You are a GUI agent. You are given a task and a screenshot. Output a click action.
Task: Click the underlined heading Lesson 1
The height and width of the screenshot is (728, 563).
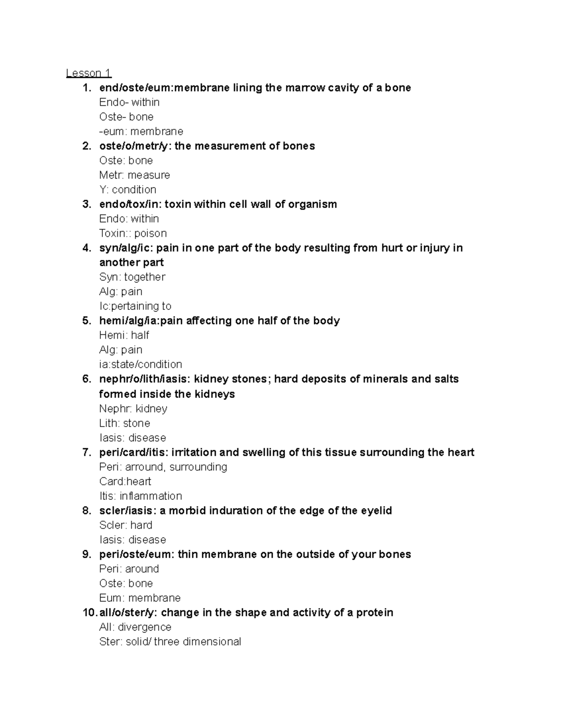tap(89, 73)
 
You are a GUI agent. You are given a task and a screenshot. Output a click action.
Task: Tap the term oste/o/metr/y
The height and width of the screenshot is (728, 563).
tap(133, 146)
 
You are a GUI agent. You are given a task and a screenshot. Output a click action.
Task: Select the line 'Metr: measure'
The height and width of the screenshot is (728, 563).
tap(135, 175)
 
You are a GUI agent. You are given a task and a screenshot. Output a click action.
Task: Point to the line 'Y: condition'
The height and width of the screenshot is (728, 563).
tap(128, 189)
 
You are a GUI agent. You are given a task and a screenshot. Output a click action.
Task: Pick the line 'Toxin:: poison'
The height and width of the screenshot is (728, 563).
tap(133, 233)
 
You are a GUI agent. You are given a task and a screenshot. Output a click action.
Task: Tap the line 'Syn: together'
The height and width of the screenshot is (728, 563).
tap(132, 277)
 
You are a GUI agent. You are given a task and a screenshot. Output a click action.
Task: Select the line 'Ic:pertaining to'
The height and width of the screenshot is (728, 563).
tap(135, 306)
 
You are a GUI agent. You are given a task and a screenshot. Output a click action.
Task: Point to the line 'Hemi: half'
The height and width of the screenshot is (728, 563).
tap(124, 335)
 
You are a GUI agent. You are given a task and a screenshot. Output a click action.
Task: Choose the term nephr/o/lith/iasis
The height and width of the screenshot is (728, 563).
tap(143, 379)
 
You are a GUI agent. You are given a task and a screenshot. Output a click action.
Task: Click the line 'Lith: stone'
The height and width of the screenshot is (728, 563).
tap(124, 423)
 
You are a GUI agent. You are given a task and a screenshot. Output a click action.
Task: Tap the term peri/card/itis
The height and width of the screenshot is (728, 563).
tap(132, 452)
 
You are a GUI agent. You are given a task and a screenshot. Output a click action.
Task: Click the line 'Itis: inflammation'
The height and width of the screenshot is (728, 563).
tap(140, 496)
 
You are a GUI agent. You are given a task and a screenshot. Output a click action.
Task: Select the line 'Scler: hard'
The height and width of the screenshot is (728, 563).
tap(126, 525)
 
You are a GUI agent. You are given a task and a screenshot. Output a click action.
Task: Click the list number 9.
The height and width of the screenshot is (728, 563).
tap(87, 554)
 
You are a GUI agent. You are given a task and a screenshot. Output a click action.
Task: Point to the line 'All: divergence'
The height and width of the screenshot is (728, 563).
tap(135, 627)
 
